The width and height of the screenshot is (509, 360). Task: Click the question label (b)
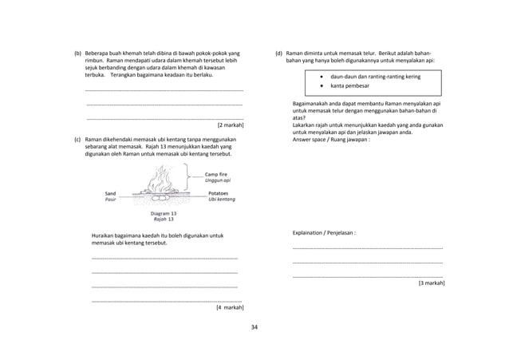(x=78, y=53)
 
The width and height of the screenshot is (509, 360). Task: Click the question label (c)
(x=78, y=138)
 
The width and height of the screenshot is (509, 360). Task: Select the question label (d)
(x=278, y=53)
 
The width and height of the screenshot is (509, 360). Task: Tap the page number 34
(x=254, y=327)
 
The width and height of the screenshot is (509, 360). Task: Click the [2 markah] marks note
(x=230, y=125)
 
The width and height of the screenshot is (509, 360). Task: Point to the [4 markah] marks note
(x=230, y=307)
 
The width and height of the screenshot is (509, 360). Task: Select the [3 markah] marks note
(x=431, y=283)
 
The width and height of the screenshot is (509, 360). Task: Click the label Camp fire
(x=218, y=174)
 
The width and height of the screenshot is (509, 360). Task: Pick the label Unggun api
(x=218, y=181)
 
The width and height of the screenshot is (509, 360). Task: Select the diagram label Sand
(x=111, y=193)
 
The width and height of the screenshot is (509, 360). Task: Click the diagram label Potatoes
(x=218, y=193)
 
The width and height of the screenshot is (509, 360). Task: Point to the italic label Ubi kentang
(x=221, y=200)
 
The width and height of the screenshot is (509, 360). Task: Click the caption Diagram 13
(x=164, y=213)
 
